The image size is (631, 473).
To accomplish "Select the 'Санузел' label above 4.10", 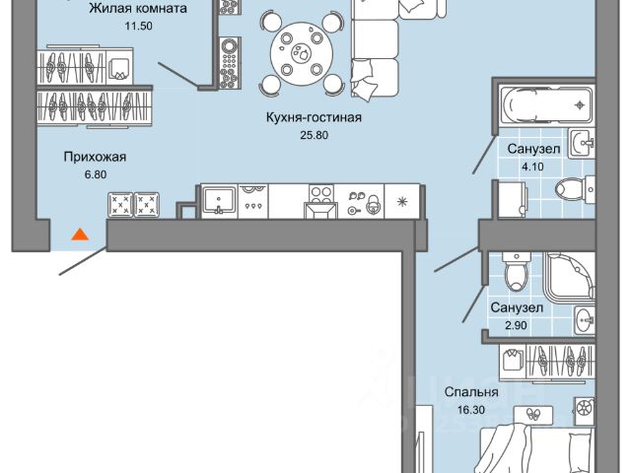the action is pos(535,148).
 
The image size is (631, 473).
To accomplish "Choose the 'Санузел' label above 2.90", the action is pos(517,307).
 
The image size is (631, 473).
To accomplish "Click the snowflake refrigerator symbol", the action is pos(402,201).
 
